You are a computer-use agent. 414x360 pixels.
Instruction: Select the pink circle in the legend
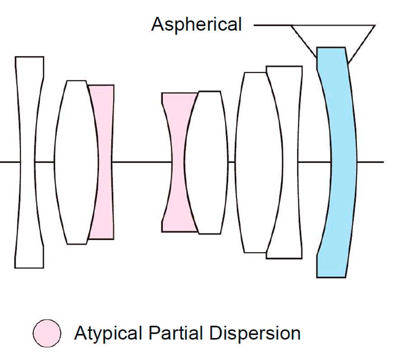47,333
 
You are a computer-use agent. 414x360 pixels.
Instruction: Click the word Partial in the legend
176,333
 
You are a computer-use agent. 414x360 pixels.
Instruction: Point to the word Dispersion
255,333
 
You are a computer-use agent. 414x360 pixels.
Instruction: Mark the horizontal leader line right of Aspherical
273,25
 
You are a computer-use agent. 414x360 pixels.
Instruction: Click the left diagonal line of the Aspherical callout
304,41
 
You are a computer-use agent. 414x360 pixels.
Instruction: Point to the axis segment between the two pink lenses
141,162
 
